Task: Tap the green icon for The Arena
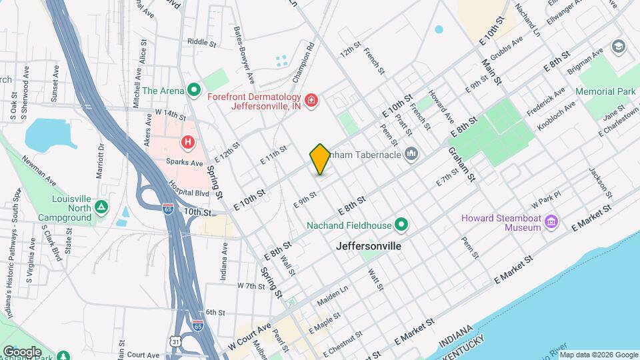(x=194, y=89)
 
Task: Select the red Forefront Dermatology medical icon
(x=311, y=101)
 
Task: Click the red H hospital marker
(x=189, y=142)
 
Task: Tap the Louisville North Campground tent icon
(x=101, y=207)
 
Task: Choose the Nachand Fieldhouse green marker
(x=401, y=225)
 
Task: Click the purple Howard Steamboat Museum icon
(x=551, y=221)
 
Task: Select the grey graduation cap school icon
(x=618, y=46)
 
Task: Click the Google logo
(x=22, y=351)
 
